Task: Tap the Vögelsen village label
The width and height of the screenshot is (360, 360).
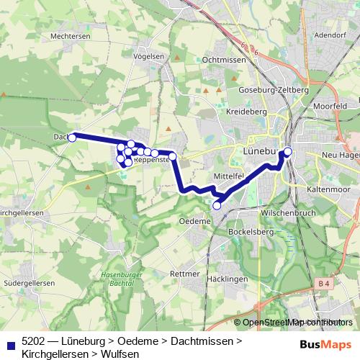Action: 149,55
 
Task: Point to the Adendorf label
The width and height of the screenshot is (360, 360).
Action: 331,34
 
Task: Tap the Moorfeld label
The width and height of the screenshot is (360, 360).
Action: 331,106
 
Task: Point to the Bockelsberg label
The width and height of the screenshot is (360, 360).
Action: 248,233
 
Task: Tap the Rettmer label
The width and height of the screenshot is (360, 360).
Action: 184,274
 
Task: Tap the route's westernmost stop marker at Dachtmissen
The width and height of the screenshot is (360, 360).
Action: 72,138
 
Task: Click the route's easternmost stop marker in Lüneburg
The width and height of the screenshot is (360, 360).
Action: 288,151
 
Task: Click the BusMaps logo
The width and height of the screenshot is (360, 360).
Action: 325,344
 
